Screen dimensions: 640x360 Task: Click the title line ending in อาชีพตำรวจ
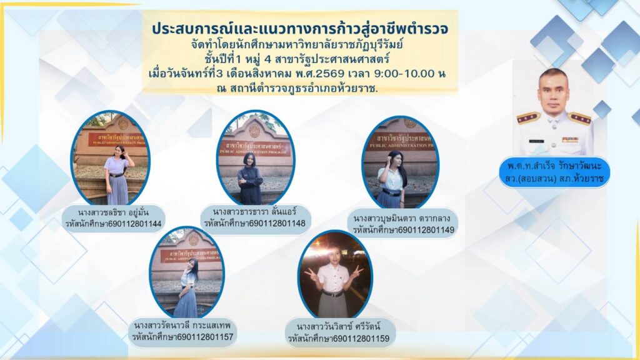(x=300, y=28)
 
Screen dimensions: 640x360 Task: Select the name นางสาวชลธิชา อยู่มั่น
(x=114, y=212)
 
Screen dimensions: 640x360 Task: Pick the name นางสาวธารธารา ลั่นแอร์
(x=255, y=211)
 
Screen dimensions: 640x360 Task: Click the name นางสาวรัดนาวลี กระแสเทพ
(x=182, y=325)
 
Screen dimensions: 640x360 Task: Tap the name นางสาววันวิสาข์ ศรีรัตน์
(x=338, y=326)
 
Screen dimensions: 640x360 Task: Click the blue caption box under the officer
(x=555, y=172)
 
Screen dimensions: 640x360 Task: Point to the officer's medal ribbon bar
(x=570, y=139)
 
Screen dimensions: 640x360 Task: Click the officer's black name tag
(x=536, y=141)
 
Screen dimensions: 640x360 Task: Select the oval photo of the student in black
(x=255, y=157)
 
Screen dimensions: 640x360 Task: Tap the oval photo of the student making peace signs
(x=335, y=274)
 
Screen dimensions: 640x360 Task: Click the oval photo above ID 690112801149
(x=401, y=162)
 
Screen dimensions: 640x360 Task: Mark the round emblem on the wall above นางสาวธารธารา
(x=255, y=130)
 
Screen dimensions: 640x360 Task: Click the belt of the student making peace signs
(x=333, y=294)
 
